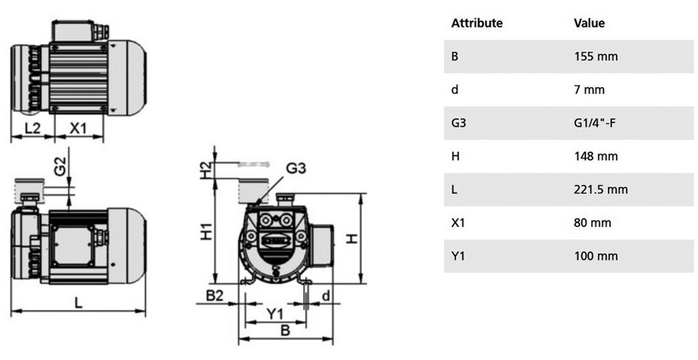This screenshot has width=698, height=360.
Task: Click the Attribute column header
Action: (x=476, y=23)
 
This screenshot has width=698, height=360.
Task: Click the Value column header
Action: (x=590, y=23)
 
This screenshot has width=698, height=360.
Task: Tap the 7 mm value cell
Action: (x=590, y=90)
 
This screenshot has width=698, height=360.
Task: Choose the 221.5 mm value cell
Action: (x=601, y=190)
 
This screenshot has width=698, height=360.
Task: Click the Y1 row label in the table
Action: (x=457, y=256)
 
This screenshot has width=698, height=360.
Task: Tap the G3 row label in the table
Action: (x=458, y=123)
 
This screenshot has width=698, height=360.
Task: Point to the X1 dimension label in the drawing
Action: (x=79, y=127)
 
